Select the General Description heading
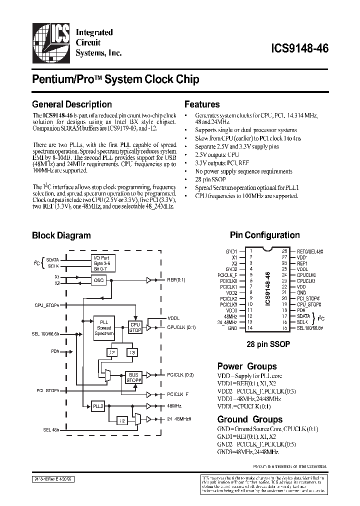point(71,104)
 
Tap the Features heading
point(202,104)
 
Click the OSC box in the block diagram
point(99,280)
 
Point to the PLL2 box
point(97,406)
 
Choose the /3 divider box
point(131,353)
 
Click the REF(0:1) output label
point(176,280)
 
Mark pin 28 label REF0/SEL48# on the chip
point(310,251)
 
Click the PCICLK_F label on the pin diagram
point(228,274)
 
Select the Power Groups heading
point(247,366)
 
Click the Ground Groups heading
point(249,419)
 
